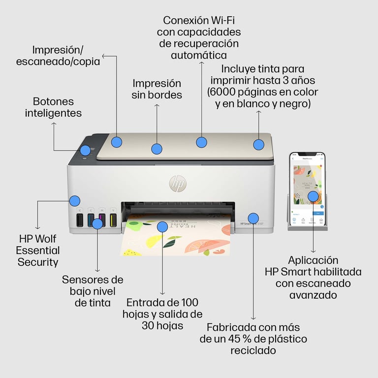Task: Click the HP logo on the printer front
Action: tap(178, 184)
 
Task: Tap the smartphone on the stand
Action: tap(307, 189)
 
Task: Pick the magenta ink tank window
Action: tap(102, 219)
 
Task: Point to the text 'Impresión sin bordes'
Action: tap(157, 89)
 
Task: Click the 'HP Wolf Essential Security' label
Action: tap(38, 250)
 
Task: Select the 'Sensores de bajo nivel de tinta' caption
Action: tap(93, 291)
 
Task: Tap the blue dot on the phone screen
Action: tap(313, 196)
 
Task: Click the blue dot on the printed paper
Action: tap(162, 226)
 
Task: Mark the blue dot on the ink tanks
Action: tap(97, 223)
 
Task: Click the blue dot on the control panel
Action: tap(86, 151)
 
